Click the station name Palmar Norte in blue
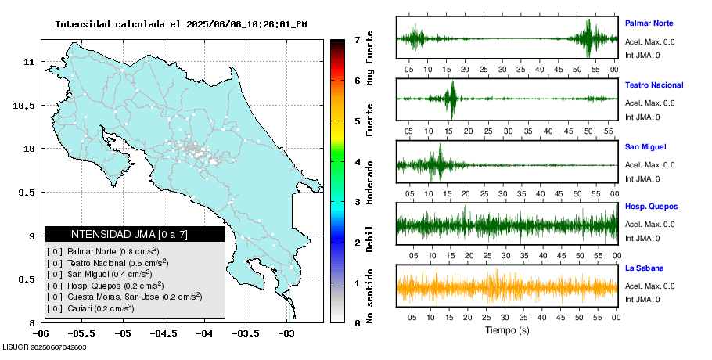[649, 23]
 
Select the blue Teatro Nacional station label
[654, 85]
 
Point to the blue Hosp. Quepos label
[651, 207]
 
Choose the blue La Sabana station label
[644, 268]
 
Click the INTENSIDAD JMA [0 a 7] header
[128, 234]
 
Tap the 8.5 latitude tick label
[26, 279]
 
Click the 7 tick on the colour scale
[357, 39]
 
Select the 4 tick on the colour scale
[357, 162]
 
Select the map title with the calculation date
[181, 24]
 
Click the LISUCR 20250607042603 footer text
[44, 347]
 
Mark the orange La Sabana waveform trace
[506, 287]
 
